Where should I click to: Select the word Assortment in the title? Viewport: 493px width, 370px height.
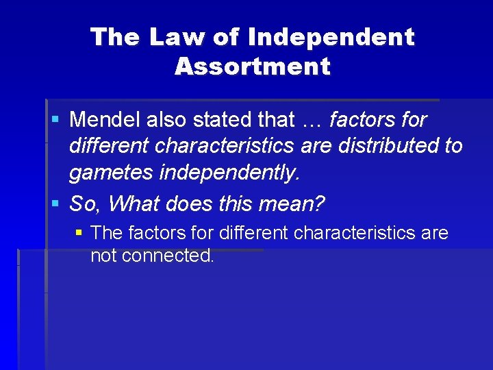(x=253, y=66)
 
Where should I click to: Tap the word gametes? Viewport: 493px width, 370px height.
(x=111, y=173)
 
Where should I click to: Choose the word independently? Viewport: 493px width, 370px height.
(x=229, y=173)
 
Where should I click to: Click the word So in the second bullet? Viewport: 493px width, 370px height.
(x=84, y=203)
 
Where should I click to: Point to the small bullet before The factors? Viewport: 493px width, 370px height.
(x=79, y=233)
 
